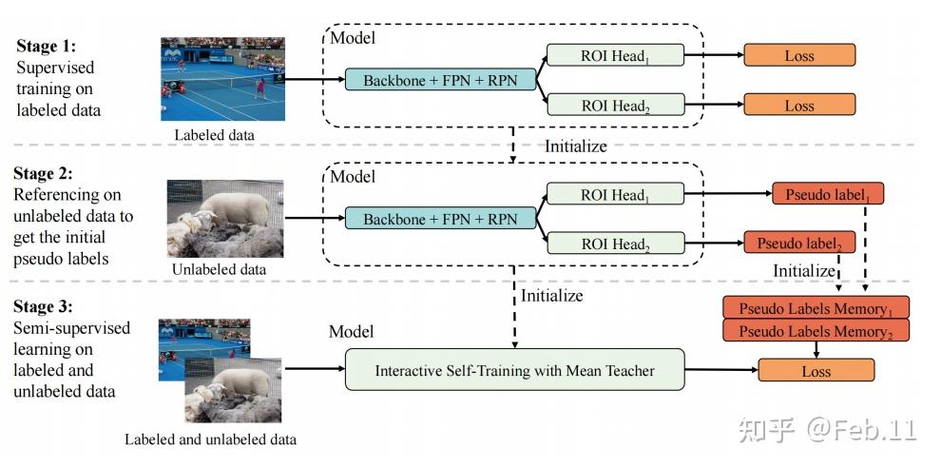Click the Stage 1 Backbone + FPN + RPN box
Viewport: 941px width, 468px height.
tap(440, 81)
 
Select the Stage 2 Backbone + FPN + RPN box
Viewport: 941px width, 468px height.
tap(440, 219)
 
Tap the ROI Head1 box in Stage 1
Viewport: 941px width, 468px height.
tap(614, 56)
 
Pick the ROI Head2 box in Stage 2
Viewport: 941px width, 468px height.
tap(614, 244)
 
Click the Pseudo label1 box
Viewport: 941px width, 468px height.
tap(829, 195)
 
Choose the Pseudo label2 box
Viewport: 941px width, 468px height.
tap(799, 243)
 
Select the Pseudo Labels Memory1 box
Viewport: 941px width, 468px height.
tap(816, 307)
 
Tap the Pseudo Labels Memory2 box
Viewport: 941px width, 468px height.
tap(816, 331)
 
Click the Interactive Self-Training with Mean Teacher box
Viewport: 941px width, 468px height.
tap(515, 370)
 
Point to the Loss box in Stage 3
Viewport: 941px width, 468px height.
tap(816, 371)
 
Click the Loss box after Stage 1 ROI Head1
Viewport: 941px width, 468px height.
tap(799, 56)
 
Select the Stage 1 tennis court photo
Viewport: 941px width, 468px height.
tap(222, 79)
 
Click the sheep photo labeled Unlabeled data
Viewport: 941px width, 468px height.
tap(224, 219)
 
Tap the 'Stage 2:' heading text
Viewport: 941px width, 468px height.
tap(45, 174)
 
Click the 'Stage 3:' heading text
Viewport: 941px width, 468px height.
tap(45, 308)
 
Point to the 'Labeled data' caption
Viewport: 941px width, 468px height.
tap(215, 135)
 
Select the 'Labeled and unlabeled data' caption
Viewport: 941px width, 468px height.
tap(210, 439)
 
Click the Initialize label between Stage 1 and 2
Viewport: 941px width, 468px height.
tap(575, 146)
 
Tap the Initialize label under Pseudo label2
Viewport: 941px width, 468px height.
tap(803, 270)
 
